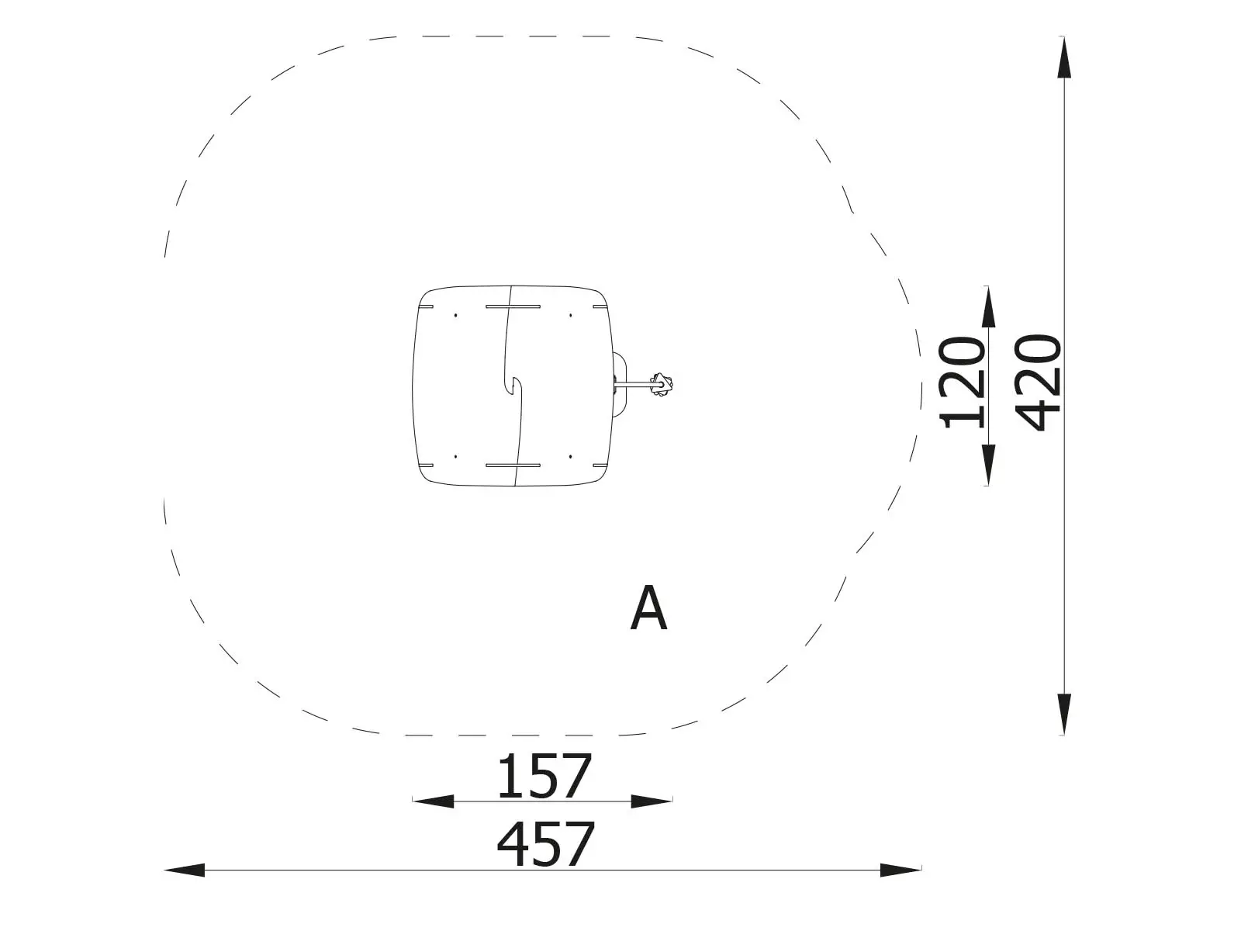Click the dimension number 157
544,776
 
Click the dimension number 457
545,845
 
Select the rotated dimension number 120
961,382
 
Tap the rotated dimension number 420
1038,382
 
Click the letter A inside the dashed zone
648,607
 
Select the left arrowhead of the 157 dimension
433,801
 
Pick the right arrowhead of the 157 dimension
652,801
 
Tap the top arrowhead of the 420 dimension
1064,57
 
